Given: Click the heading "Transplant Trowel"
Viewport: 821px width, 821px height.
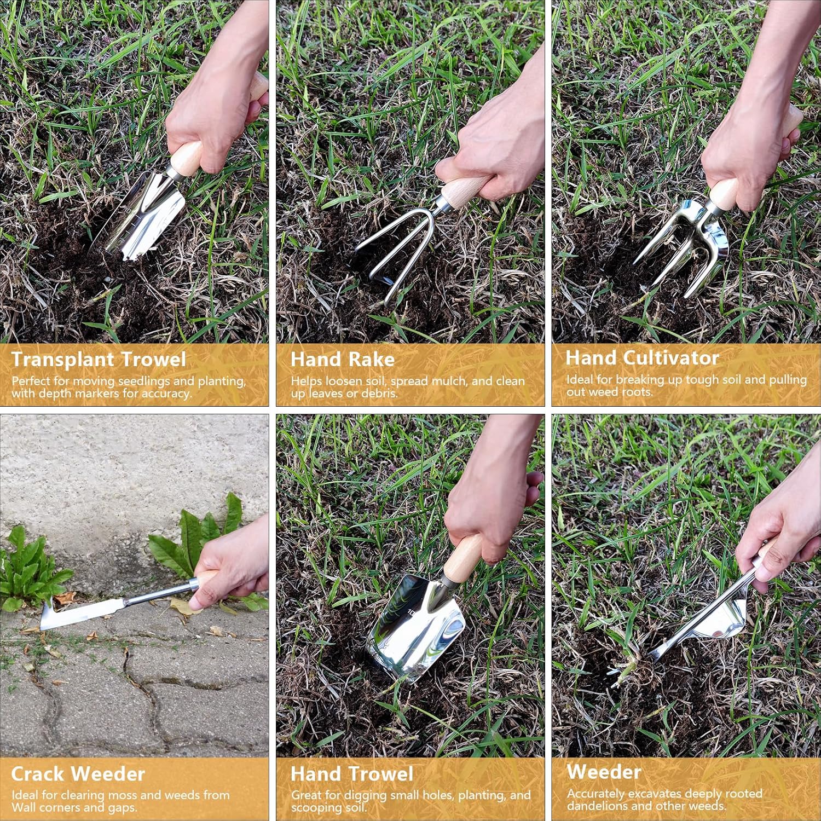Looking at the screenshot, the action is point(99,360).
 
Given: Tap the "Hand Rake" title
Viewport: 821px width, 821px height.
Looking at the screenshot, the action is point(343,360).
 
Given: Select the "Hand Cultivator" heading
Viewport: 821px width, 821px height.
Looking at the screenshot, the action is point(642,358).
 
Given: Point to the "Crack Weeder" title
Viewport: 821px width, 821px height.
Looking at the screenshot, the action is point(78,774).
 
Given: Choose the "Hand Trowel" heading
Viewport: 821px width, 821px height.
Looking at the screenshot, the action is point(352,774).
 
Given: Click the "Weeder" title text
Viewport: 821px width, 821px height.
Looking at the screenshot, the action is point(604,772).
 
